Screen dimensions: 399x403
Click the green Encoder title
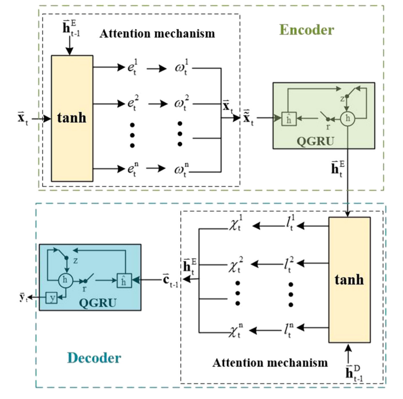[x=306, y=30]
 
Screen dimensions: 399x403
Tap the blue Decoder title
[x=94, y=357]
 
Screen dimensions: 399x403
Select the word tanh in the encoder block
[x=72, y=119]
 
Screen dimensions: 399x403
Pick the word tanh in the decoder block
[x=349, y=279]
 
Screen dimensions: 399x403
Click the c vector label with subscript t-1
[x=171, y=280]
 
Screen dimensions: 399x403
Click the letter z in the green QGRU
[x=341, y=99]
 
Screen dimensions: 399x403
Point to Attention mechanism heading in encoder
[x=157, y=34]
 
